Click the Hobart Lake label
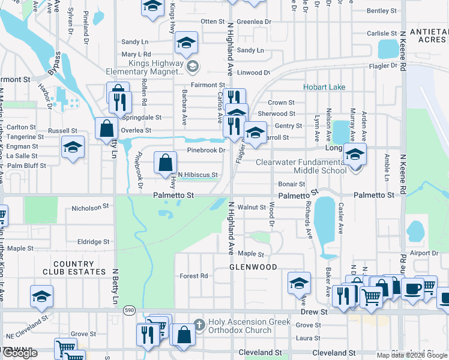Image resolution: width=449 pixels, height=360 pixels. [324, 87]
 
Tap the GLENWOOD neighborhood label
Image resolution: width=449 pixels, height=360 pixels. [253, 267]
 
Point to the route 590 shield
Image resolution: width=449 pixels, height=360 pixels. [130, 310]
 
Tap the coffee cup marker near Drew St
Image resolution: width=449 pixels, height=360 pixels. [412, 288]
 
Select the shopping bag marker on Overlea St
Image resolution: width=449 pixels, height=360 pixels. [106, 128]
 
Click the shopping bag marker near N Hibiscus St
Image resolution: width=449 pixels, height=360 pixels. [165, 163]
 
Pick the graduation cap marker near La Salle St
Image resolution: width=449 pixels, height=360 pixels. [73, 148]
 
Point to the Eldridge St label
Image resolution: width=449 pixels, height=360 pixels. [94, 242]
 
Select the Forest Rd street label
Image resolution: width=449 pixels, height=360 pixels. [194, 276]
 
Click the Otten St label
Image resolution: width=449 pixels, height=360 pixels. [212, 22]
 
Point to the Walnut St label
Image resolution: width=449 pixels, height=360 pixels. [252, 207]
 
